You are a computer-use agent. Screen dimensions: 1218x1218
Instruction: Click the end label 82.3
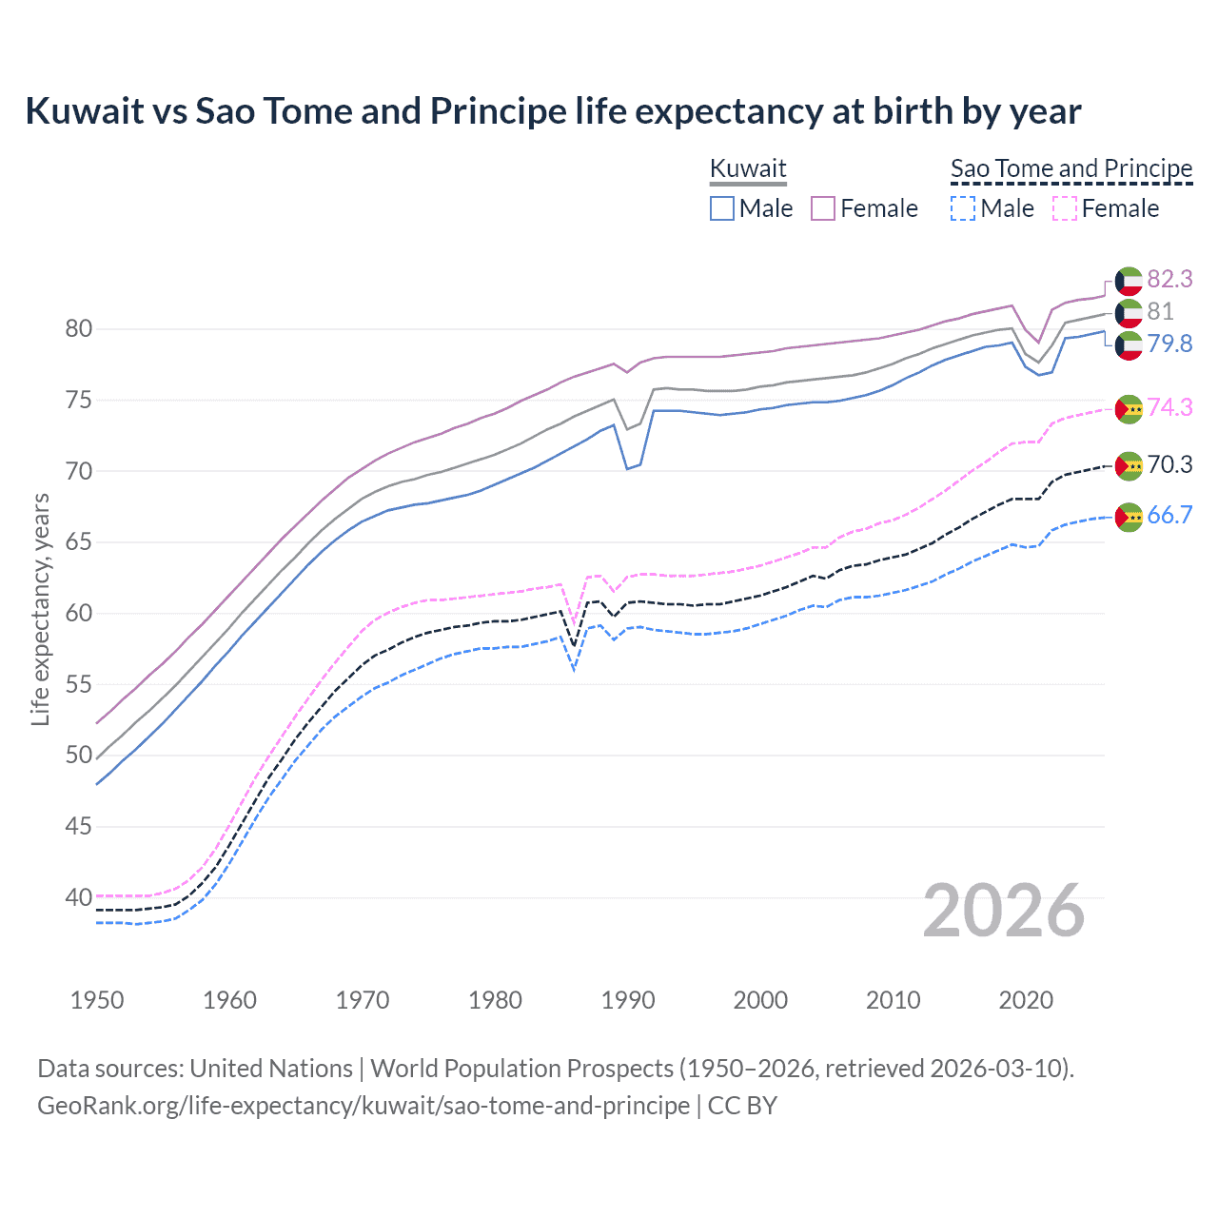tap(1169, 279)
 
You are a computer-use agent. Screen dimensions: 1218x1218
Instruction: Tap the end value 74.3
tap(1169, 407)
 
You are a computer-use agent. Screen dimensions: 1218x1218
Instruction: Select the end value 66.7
tap(1169, 516)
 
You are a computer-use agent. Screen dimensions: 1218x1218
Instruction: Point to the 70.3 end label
tap(1169, 464)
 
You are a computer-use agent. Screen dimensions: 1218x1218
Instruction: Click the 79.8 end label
tap(1169, 344)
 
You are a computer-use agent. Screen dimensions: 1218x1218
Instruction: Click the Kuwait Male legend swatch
tap(722, 208)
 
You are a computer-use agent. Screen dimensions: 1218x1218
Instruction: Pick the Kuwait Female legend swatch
tap(823, 208)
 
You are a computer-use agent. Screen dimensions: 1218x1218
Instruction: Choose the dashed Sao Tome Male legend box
tap(963, 208)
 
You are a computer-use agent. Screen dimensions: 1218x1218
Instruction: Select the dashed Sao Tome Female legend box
tap(1065, 208)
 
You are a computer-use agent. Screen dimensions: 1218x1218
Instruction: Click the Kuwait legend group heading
tap(748, 169)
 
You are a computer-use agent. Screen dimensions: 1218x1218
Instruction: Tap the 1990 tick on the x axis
tap(628, 1000)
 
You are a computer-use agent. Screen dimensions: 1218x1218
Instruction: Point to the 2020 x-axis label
tap(1026, 1000)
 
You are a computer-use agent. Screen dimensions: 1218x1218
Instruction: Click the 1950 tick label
tap(97, 1000)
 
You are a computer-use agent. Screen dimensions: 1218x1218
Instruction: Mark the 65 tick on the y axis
tap(79, 542)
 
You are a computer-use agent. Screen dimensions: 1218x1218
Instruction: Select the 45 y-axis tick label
tap(79, 826)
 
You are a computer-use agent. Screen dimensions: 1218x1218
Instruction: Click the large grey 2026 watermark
tap(1004, 911)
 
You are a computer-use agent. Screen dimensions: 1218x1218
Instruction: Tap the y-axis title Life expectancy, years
tap(40, 609)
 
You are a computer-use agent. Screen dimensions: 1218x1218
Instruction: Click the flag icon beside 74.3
tap(1129, 409)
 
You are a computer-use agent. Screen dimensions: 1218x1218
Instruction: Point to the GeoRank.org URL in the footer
tap(363, 1106)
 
